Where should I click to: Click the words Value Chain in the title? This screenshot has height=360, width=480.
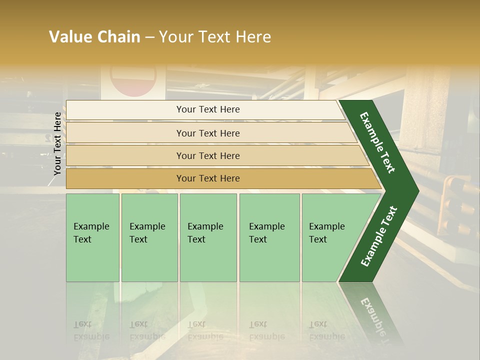point(94,37)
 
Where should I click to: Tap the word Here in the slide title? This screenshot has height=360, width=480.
point(253,37)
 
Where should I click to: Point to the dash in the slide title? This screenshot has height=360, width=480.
point(149,37)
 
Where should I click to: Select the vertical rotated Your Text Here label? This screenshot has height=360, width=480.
point(57,143)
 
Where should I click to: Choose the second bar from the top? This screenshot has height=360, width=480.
point(208,133)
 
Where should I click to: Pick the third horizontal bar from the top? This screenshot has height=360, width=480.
point(208,155)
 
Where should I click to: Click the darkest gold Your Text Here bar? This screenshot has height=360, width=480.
point(208,178)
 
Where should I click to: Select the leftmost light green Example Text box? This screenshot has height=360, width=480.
point(92,237)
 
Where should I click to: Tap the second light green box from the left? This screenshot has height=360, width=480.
point(149,237)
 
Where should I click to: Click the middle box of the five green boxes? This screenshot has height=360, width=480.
point(208,237)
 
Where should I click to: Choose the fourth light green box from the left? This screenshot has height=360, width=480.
point(269,237)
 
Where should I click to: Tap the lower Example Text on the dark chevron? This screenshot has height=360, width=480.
point(379,236)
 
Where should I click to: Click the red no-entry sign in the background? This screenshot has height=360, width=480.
point(133,80)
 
